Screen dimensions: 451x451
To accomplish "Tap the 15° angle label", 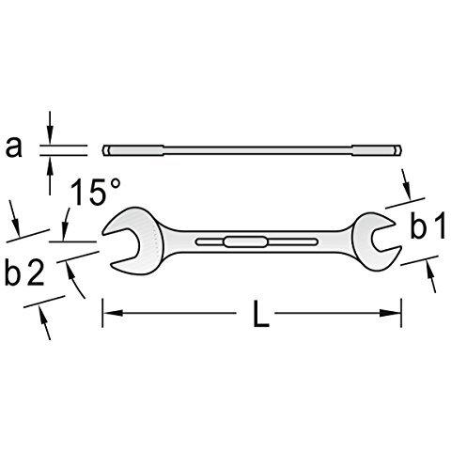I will (95, 195).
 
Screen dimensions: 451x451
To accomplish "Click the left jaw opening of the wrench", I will (123, 243).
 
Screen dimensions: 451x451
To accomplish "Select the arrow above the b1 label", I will (406, 184).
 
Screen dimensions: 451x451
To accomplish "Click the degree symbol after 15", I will (116, 187).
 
